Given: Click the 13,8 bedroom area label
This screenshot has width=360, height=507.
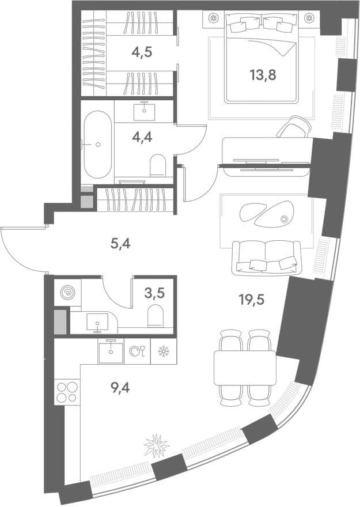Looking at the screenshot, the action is pyautogui.click(x=263, y=75).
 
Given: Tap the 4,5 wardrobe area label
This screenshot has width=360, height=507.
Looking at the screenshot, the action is pyautogui.click(x=142, y=52).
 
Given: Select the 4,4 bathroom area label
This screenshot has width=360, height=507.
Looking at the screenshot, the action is pyautogui.click(x=142, y=138).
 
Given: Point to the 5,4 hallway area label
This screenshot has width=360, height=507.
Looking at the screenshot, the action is pyautogui.click(x=120, y=244).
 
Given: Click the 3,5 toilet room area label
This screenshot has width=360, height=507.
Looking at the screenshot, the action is pyautogui.click(x=154, y=293).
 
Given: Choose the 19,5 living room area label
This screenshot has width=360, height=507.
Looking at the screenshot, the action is pyautogui.click(x=252, y=300).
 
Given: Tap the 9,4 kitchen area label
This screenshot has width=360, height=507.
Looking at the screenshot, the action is pyautogui.click(x=120, y=387).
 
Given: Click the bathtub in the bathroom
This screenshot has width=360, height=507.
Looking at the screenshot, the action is pyautogui.click(x=97, y=145).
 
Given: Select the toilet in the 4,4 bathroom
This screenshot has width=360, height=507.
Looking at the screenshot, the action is pyautogui.click(x=158, y=165).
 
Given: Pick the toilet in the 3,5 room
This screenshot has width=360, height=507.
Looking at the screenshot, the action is pyautogui.click(x=156, y=316).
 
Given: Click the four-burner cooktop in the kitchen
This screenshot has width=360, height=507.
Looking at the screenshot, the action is pyautogui.click(x=67, y=392).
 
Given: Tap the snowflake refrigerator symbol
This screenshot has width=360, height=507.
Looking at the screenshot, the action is pyautogui.click(x=164, y=351).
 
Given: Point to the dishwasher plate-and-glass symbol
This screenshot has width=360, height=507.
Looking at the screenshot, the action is pyautogui.click(x=137, y=351).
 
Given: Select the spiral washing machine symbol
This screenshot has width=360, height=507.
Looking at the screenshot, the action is pyautogui.click(x=67, y=293).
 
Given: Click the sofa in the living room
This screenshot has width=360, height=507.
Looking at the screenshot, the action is pyautogui.click(x=267, y=258).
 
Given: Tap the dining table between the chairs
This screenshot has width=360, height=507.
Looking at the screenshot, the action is pyautogui.click(x=245, y=368).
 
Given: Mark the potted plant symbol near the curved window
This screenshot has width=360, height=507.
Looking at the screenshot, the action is pyautogui.click(x=157, y=446).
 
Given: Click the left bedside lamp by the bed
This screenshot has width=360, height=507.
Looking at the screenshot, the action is pyautogui.click(x=213, y=18).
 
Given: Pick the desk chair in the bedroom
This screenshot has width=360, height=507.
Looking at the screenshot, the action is pyautogui.click(x=293, y=127).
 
